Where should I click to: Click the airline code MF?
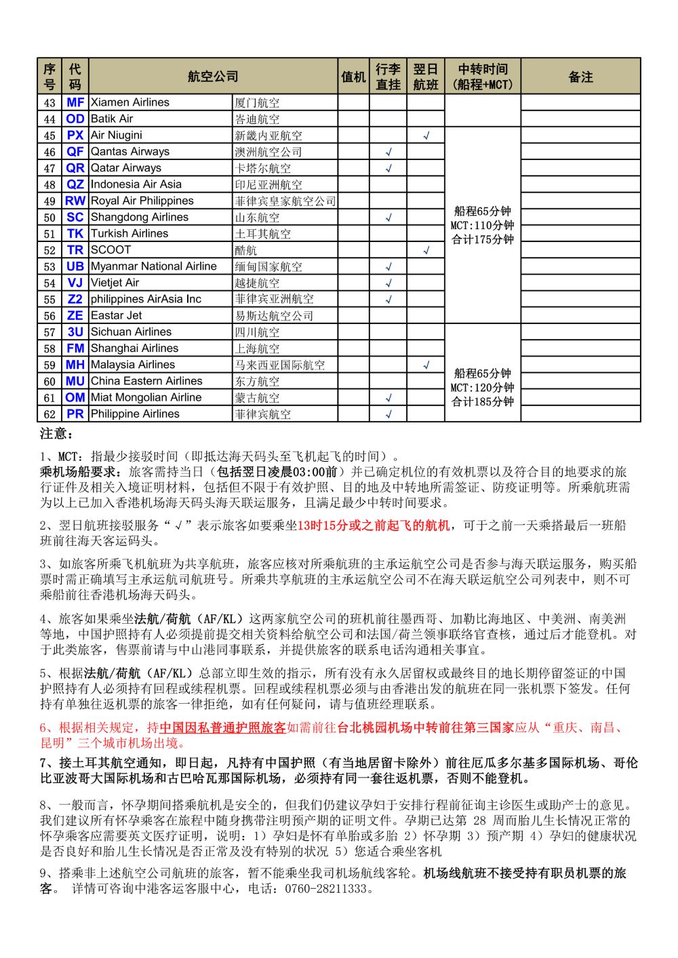75,102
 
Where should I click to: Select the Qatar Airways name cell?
126,168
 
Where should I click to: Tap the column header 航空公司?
213,77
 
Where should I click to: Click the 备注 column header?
580,77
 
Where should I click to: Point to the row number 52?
49,250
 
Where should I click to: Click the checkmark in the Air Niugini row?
426,136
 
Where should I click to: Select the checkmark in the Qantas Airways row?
388,152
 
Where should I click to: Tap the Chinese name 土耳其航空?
263,234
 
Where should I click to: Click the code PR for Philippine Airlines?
75,414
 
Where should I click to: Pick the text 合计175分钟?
483,239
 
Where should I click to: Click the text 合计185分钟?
483,401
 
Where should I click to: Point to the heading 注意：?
56,433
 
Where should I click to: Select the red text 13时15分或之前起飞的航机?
374,525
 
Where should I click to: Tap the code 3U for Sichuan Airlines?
75,332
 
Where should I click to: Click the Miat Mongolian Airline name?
146,397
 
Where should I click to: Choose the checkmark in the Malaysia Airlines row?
426,365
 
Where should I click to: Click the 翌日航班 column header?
426,77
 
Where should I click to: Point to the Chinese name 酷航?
246,250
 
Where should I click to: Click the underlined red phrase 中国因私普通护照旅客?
223,727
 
